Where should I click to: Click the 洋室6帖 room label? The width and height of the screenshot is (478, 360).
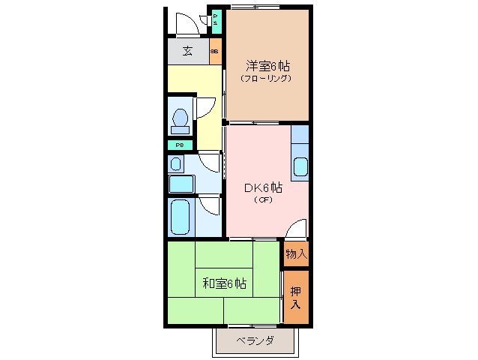tap(267, 65)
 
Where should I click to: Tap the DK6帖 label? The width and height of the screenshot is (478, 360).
tap(261, 187)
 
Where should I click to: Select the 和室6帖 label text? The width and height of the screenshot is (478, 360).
tap(224, 283)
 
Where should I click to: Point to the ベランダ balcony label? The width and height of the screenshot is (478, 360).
tap(255, 341)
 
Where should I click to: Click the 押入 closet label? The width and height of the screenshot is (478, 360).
tap(295, 298)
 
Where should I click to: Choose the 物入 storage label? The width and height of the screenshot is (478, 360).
tap(296, 254)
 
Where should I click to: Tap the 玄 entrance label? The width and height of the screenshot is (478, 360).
tap(187, 52)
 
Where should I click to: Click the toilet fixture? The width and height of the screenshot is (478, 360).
tap(180, 120)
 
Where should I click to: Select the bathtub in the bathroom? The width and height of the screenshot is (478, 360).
tap(180, 217)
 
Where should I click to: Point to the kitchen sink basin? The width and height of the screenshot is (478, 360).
tap(300, 168)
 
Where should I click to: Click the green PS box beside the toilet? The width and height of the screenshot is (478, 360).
tap(180, 145)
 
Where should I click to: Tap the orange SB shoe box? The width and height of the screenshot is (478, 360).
tap(214, 52)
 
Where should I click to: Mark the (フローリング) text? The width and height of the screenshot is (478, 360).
tap(266, 78)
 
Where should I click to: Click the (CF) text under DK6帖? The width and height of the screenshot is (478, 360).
tap(261, 200)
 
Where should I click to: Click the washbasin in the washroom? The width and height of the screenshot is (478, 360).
tap(176, 163)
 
